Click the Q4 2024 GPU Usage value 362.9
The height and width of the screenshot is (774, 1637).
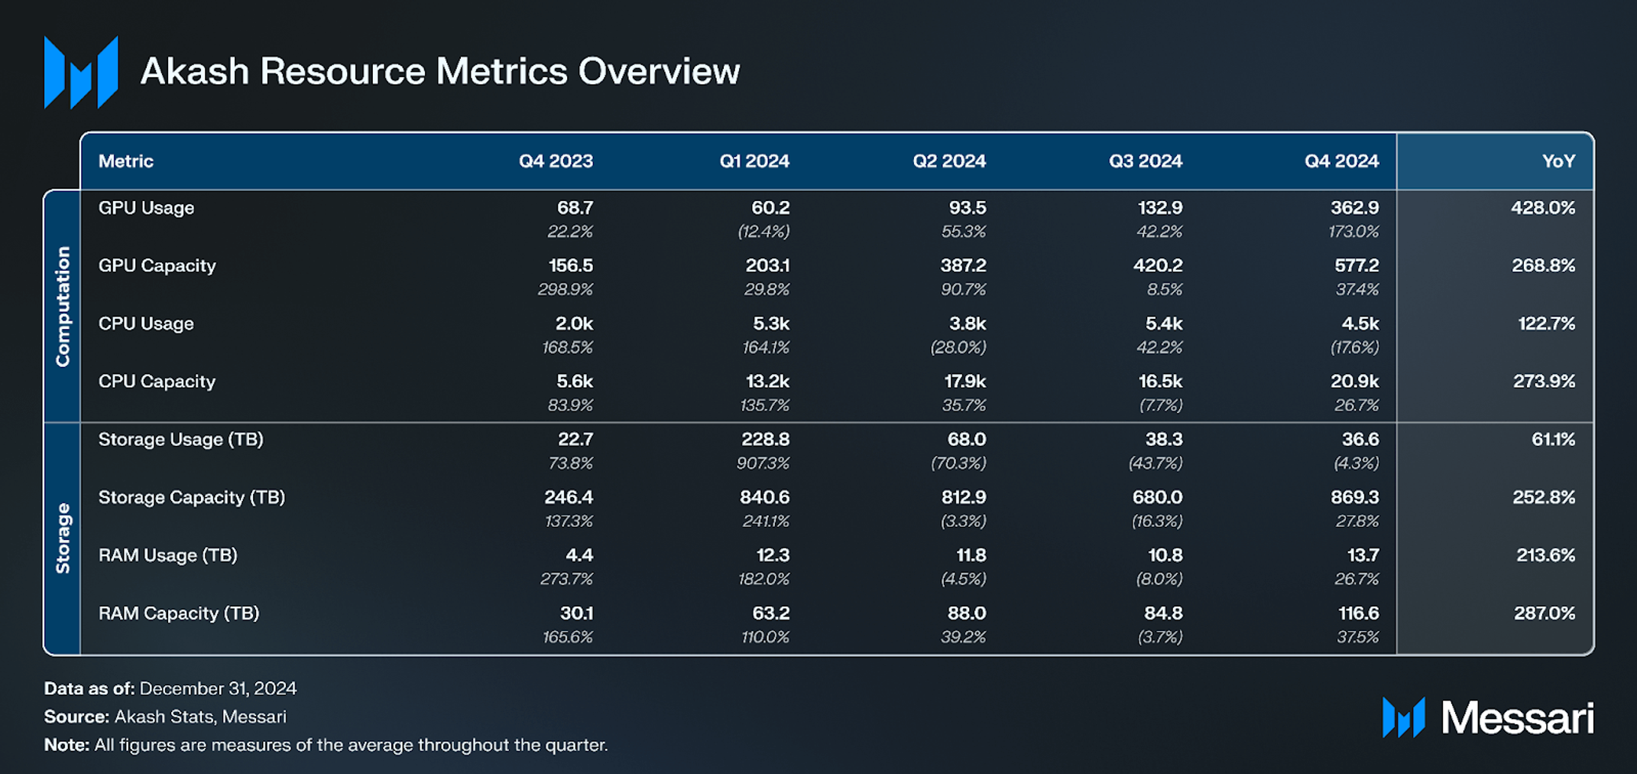tap(1356, 208)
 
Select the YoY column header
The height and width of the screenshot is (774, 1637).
tap(1558, 161)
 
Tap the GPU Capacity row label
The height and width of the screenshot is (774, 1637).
tap(157, 265)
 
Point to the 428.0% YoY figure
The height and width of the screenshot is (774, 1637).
tap(1542, 208)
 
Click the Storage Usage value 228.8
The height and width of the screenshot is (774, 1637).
tap(764, 440)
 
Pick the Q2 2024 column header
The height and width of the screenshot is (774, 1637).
tap(948, 161)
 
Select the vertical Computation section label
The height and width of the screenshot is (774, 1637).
tap(63, 306)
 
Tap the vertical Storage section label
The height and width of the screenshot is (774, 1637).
tap(63, 538)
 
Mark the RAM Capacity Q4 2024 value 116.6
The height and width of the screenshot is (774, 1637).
tap(1356, 613)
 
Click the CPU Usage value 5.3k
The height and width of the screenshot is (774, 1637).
tap(770, 324)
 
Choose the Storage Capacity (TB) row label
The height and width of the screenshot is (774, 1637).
tap(191, 497)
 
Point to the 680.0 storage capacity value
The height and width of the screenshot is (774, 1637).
tap(1157, 497)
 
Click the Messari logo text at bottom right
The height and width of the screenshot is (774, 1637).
tap(1516, 718)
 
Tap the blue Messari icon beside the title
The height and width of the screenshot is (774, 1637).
tap(81, 72)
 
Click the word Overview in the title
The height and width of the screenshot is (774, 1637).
tap(659, 72)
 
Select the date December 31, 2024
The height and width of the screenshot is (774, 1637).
tap(218, 688)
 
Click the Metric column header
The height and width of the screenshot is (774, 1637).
tap(126, 161)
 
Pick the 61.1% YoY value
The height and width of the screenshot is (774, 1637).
tap(1553, 440)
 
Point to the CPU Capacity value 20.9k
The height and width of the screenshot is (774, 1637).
tap(1354, 382)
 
